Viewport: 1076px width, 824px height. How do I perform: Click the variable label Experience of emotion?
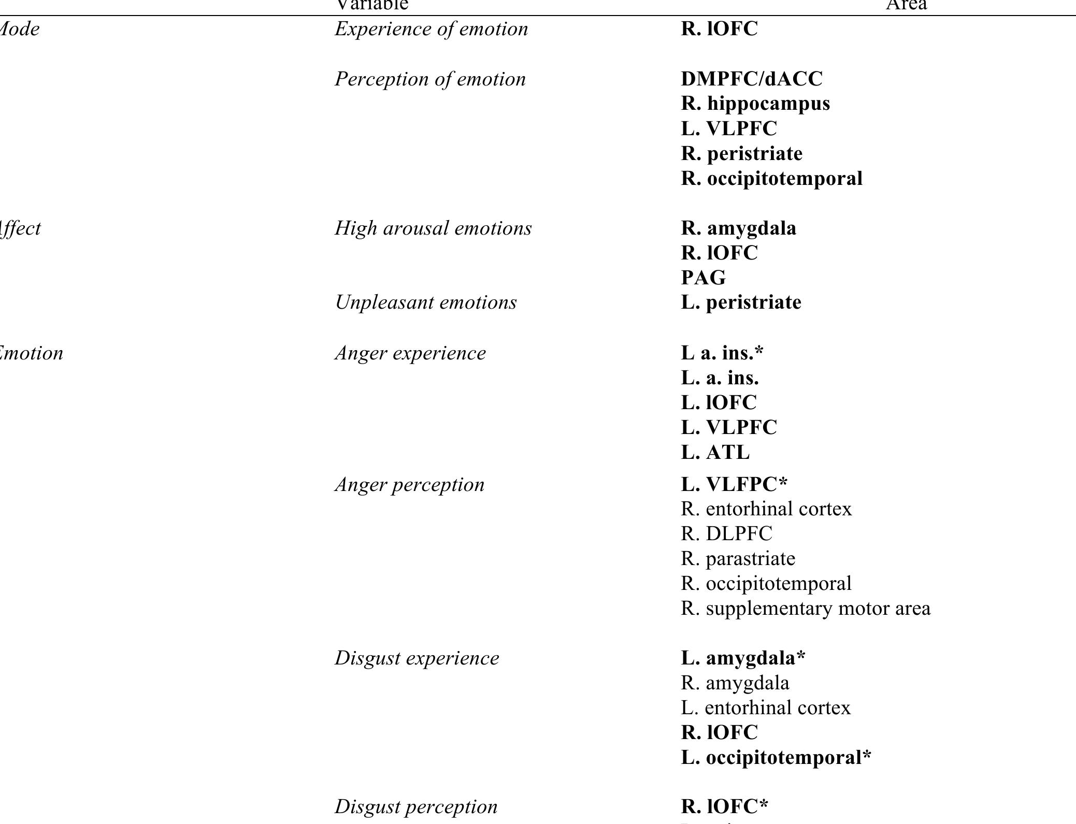tap(431, 29)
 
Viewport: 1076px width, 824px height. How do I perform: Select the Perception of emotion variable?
tap(430, 79)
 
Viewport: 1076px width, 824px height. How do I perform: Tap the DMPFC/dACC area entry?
tap(751, 79)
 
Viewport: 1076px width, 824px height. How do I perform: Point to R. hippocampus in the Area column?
tap(755, 104)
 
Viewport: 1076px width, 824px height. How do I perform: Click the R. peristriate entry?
tap(741, 154)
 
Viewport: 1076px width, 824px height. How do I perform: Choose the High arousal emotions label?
tap(433, 228)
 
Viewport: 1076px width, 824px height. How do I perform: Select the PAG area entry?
tap(703, 278)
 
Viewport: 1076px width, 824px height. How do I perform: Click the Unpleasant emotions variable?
tap(425, 302)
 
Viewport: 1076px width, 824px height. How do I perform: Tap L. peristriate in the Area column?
tap(741, 302)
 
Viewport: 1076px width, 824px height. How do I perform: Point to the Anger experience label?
tap(410, 353)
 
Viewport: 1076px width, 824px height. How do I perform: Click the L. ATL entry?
tap(715, 453)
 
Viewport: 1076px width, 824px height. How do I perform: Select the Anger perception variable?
tap(409, 485)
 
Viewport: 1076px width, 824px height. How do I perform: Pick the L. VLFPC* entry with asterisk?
tap(734, 485)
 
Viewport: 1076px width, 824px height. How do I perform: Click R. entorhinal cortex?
tap(766, 509)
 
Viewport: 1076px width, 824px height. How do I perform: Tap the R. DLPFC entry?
tap(726, 534)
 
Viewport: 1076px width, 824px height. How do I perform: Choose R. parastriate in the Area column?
tap(738, 559)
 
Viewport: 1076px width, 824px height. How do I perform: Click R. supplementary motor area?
tap(805, 609)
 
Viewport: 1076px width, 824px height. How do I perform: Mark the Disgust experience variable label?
tap(417, 658)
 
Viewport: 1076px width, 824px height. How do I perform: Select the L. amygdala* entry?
tap(743, 658)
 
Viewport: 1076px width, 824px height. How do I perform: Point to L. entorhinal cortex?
tap(765, 708)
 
